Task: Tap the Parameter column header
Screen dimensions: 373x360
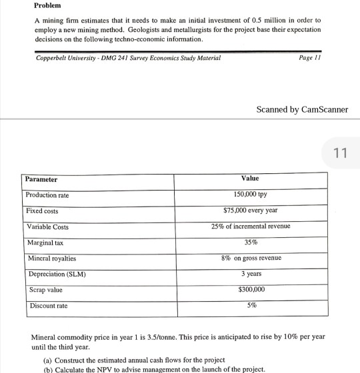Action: point(41,179)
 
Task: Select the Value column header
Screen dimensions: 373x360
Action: point(250,179)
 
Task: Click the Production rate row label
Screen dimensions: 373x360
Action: point(47,194)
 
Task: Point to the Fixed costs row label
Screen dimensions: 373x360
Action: point(41,210)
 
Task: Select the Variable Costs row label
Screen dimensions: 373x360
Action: point(47,227)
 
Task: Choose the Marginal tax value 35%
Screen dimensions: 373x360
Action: point(251,242)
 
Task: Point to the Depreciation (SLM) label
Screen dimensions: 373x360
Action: point(57,274)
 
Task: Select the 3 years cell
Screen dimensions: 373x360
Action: point(251,274)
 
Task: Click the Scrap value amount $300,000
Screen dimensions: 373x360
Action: point(251,290)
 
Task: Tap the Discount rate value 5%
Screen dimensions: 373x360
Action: point(251,306)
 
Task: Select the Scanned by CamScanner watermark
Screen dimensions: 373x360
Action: point(302,109)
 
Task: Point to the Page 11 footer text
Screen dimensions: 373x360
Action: point(311,58)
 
